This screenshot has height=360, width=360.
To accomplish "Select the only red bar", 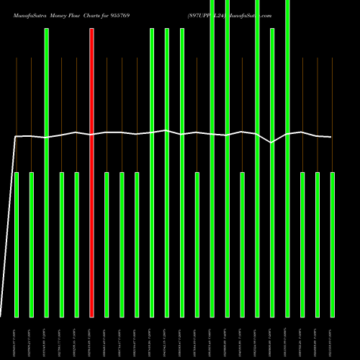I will pyautogui.click(x=91, y=173).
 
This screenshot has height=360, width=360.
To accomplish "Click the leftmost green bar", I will pyautogui.click(x=17, y=245).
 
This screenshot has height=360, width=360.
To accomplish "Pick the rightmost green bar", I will pyautogui.click(x=332, y=245).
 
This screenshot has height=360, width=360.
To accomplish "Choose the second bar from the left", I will pyautogui.click(x=32, y=245).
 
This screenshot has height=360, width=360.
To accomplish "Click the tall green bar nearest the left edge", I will pyautogui.click(x=47, y=173).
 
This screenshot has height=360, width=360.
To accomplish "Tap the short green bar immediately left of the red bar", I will pyautogui.click(x=76, y=245).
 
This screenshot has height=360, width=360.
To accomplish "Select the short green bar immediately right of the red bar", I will pyautogui.click(x=107, y=245).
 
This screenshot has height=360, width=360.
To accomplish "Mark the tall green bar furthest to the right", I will pyautogui.click(x=287, y=158).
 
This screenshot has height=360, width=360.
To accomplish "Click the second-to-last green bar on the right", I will pyautogui.click(x=317, y=245).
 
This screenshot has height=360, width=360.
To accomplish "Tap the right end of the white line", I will pyautogui.click(x=331, y=137).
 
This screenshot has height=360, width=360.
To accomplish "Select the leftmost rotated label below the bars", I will pyautogui.click(x=17, y=338).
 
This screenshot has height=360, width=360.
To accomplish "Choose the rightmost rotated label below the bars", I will pyautogui.click(x=332, y=338).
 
